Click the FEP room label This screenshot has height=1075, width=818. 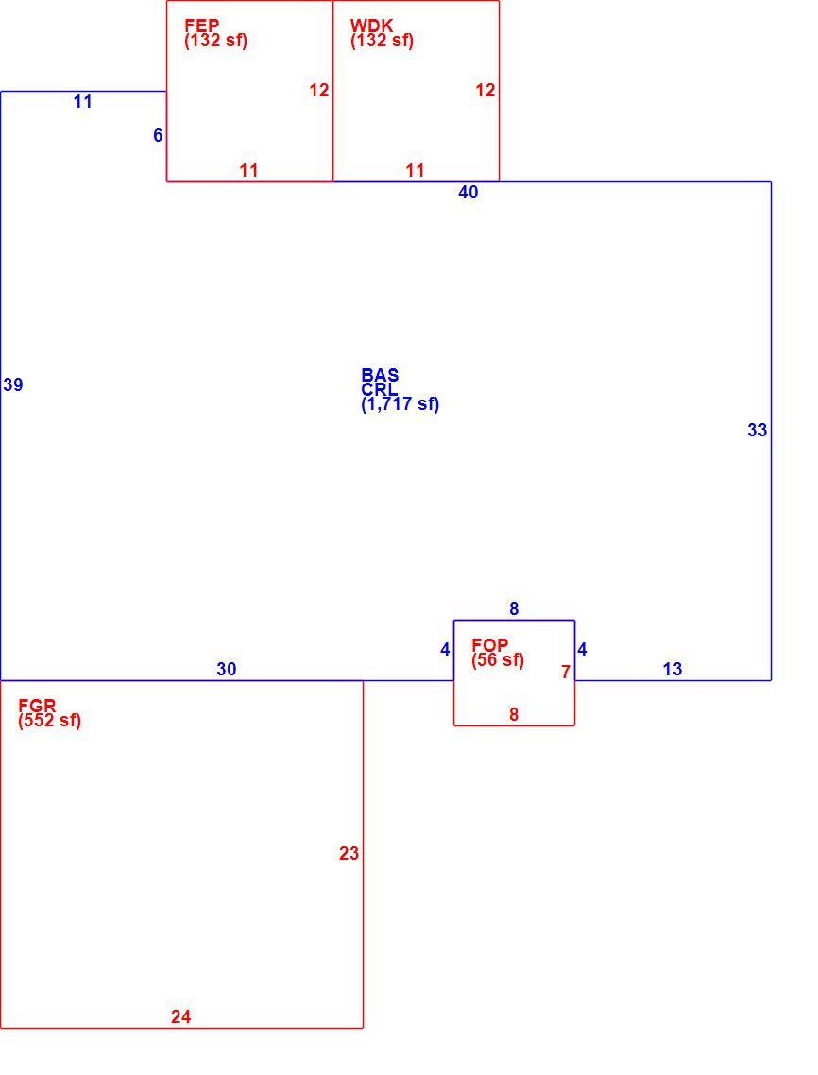click(x=201, y=26)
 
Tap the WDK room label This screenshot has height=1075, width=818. click(x=371, y=26)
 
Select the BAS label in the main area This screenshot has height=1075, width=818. click(x=380, y=375)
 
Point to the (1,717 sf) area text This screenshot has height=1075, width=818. click(x=400, y=403)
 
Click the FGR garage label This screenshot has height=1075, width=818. click(x=37, y=705)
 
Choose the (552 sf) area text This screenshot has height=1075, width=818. click(x=49, y=721)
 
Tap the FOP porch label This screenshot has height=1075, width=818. click(x=489, y=644)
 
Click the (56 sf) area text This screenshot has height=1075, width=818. click(x=498, y=660)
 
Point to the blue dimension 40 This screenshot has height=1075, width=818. click(x=469, y=193)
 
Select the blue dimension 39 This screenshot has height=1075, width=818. click(x=13, y=385)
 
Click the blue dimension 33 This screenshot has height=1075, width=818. click(x=757, y=431)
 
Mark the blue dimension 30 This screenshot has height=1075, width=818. click(x=227, y=669)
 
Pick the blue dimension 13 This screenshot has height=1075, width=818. click(x=673, y=669)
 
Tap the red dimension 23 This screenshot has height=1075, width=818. click(x=349, y=854)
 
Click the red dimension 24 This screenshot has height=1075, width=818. click(x=181, y=1016)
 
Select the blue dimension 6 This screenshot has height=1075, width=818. click(x=158, y=136)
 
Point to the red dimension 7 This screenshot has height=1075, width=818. click(x=566, y=672)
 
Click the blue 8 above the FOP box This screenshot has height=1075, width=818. click(x=514, y=608)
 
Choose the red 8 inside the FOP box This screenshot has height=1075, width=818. click(x=514, y=714)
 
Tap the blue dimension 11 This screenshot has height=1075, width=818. click(x=83, y=102)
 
